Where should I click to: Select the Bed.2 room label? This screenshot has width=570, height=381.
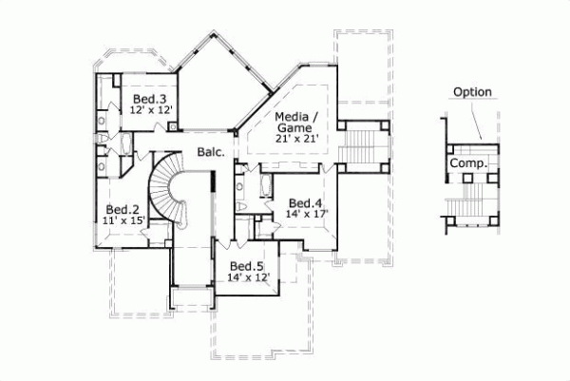point(123,209)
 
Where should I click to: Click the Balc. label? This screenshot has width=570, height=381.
point(210,152)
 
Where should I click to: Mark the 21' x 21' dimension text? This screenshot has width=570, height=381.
point(295,139)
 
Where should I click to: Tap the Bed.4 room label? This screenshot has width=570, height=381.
point(307,202)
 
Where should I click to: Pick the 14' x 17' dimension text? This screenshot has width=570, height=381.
point(306,214)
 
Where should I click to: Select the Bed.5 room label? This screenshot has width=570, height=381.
point(246,266)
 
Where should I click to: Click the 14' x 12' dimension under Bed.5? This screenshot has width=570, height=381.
point(248,277)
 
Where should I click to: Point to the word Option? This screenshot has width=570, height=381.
point(471,92)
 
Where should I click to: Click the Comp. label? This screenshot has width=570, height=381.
point(470,163)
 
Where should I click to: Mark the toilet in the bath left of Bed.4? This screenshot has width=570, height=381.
point(240,206)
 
